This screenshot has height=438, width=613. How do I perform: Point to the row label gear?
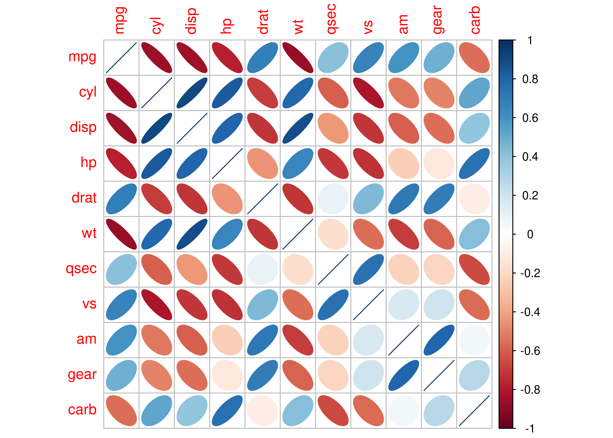coord(82,375)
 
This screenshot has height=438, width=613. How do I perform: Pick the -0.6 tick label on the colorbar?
coord(530,351)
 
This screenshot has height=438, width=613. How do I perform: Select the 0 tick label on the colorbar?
coord(530,234)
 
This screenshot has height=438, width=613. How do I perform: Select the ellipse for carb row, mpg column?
coord(121,411)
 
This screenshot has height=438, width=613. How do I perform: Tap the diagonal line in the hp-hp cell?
coord(227,163)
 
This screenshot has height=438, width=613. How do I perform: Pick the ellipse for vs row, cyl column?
coord(157,305)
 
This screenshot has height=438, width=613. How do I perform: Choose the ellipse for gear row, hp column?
coord(227,375)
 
